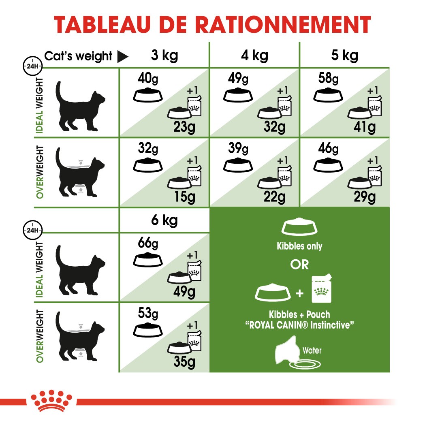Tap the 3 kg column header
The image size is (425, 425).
[x=164, y=56]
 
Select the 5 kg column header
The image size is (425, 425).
[x=344, y=56]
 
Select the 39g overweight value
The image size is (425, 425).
[x=237, y=148]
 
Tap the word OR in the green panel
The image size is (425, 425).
[x=299, y=265]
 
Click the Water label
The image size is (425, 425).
[x=312, y=350]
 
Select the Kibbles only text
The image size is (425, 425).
[x=299, y=246]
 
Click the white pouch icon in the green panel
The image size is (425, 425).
[x=322, y=290]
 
